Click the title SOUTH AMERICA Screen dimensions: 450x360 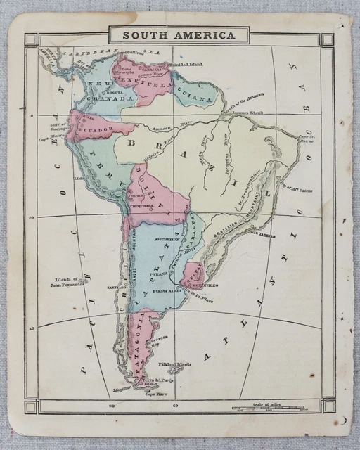pos(179,34)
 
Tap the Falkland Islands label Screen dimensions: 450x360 pos(175,364)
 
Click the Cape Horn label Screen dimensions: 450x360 pos(155,394)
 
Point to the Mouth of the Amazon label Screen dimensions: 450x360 pos(243,103)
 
